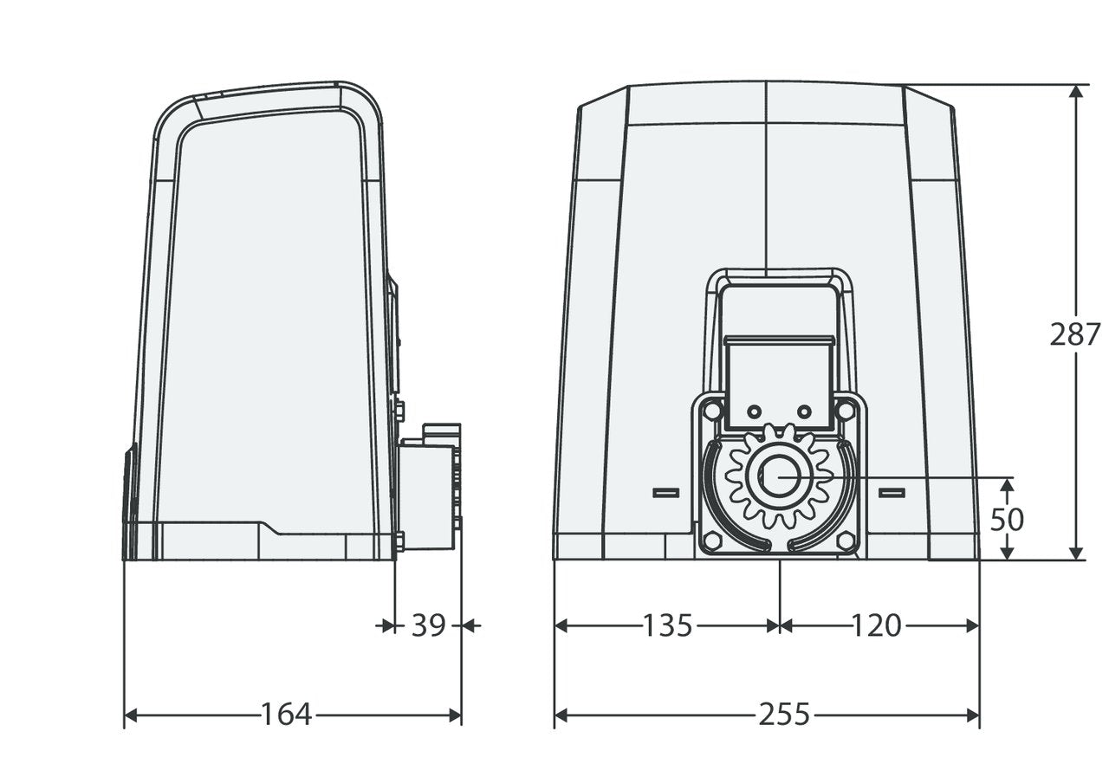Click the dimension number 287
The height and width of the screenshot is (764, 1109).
[1075, 333]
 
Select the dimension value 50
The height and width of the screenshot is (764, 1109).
[1007, 519]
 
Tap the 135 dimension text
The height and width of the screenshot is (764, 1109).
[668, 625]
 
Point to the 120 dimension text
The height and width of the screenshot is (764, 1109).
[876, 625]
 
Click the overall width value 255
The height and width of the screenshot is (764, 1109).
[784, 715]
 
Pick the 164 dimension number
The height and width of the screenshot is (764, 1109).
[287, 715]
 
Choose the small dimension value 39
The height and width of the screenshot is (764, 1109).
[428, 625]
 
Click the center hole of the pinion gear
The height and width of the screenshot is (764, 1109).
[780, 477]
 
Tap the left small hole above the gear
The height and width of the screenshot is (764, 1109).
[753, 409]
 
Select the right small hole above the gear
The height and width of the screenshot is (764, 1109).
[805, 409]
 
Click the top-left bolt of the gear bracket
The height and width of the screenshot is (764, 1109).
[712, 408]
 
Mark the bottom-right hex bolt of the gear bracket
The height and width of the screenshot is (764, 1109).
[846, 541]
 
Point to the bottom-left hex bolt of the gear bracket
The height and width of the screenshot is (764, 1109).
[712, 541]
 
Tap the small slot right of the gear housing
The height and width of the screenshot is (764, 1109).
[892, 492]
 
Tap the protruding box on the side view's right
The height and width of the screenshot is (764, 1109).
[429, 489]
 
